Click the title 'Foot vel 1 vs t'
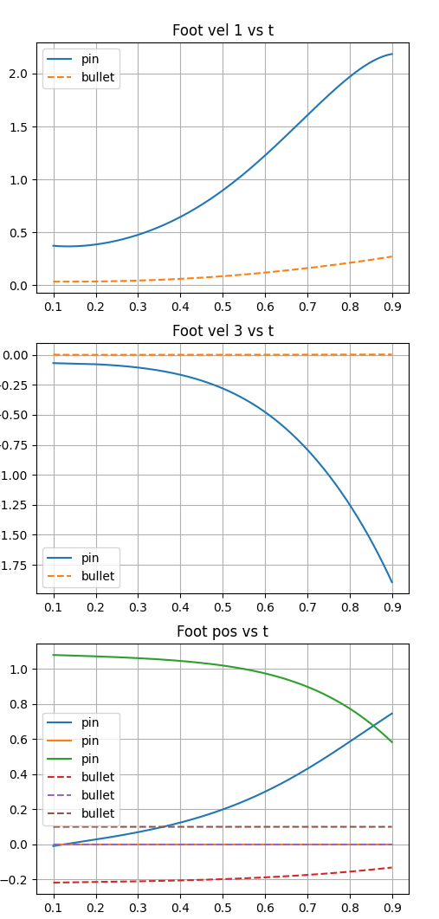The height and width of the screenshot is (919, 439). click(x=223, y=31)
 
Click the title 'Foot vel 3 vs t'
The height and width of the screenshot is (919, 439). click(x=223, y=330)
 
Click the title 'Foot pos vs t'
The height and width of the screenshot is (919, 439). click(x=223, y=631)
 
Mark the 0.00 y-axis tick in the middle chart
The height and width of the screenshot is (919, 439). click(x=16, y=355)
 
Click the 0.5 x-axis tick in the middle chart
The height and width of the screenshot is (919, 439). click(x=223, y=606)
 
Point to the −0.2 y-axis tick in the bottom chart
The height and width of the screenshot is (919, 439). click(x=19, y=879)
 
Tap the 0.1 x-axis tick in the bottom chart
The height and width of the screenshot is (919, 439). click(x=54, y=906)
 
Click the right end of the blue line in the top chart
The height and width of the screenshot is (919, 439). click(x=392, y=54)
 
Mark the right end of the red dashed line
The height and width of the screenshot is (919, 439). click(x=392, y=867)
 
